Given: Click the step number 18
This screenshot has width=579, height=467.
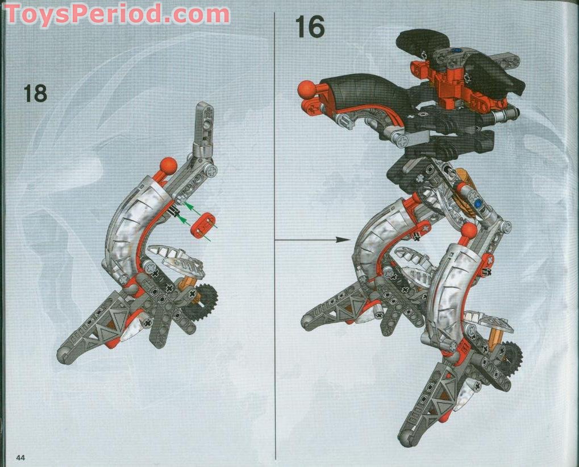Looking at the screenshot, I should [35, 93].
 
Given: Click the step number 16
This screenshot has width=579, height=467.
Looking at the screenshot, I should [310, 27].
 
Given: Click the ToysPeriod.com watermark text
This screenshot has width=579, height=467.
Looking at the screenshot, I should [117, 13].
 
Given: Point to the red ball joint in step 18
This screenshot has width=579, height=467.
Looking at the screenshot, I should [168, 166].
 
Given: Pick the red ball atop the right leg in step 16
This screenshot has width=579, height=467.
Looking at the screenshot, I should [469, 232].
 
